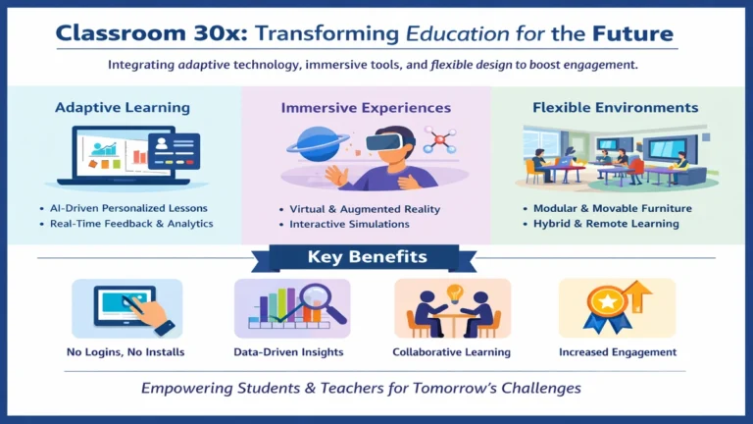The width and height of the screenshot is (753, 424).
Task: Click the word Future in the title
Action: click(x=632, y=34)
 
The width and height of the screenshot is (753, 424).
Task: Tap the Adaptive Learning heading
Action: click(x=123, y=107)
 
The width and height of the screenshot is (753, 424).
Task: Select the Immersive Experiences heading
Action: click(x=366, y=107)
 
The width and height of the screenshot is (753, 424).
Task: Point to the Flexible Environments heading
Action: click(x=615, y=107)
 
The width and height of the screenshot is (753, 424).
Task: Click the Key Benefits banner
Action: click(x=367, y=258)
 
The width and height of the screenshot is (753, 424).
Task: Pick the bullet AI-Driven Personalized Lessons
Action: click(x=129, y=208)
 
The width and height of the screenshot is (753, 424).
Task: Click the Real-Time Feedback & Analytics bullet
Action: click(x=131, y=224)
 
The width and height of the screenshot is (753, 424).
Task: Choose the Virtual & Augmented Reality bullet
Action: click(x=365, y=209)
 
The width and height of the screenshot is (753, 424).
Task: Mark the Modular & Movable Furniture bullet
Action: click(x=612, y=208)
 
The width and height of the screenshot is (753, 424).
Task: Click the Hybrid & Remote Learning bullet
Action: click(x=606, y=224)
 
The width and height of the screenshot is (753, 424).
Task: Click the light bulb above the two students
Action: click(x=453, y=291)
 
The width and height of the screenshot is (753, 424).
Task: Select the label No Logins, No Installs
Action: click(x=127, y=351)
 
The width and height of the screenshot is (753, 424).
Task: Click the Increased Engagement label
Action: click(x=618, y=351)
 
